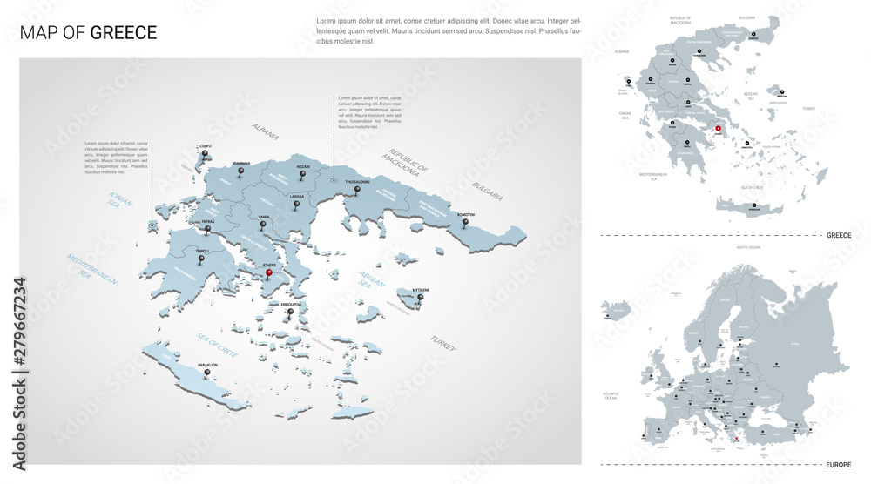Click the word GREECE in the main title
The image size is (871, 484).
pyautogui.click(x=124, y=33)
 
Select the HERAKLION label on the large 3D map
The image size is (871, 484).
pyautogui.click(x=207, y=366)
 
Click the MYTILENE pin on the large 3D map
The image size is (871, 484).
pyautogui.click(x=420, y=299)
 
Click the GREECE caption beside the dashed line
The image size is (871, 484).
pyautogui.click(x=840, y=236)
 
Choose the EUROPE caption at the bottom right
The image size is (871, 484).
pyautogui.click(x=840, y=465)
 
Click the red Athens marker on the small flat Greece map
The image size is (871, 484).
pyautogui.click(x=719, y=130)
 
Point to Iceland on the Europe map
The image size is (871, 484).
pyautogui.click(x=619, y=310)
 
